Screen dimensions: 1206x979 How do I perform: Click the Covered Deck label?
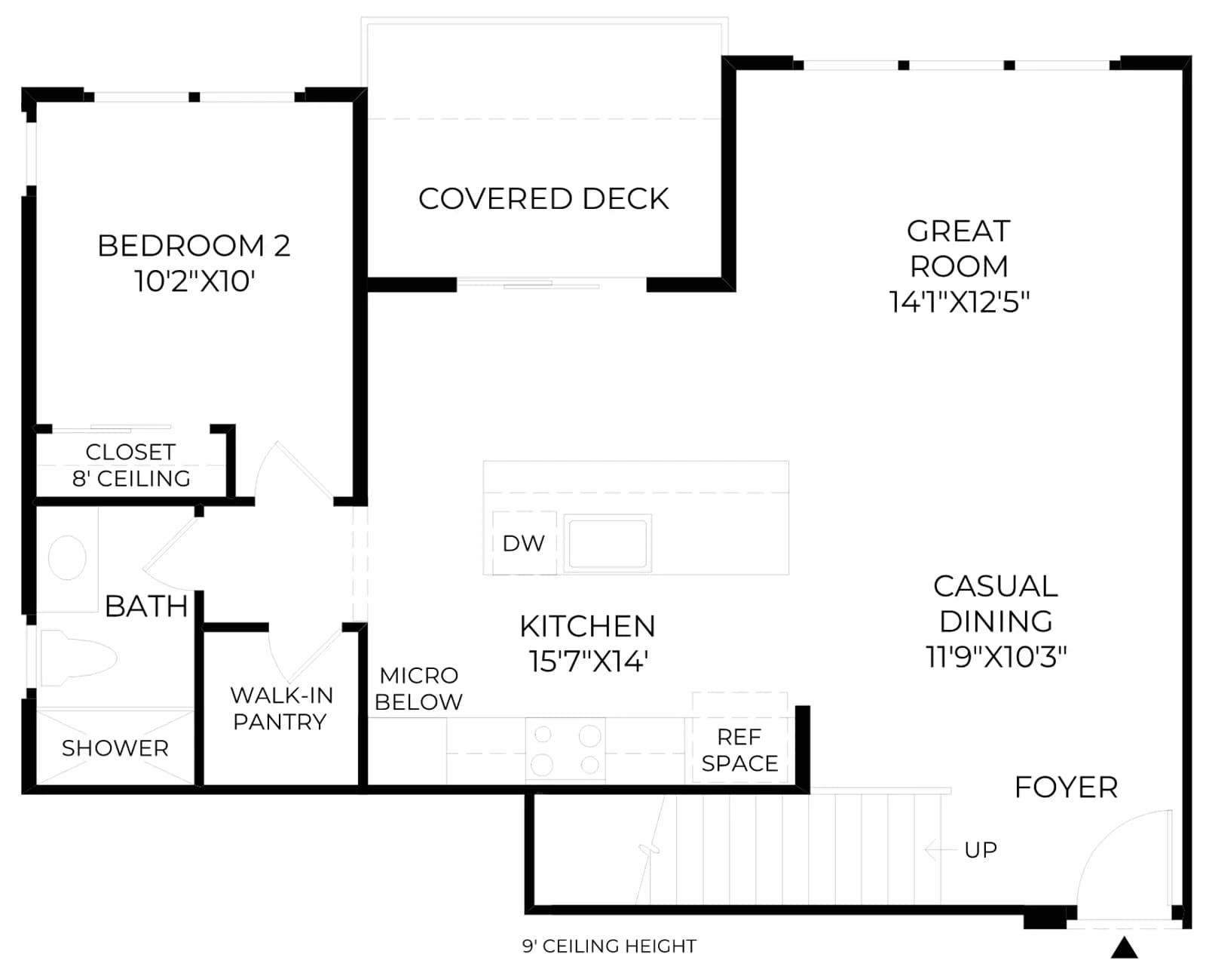(x=543, y=199)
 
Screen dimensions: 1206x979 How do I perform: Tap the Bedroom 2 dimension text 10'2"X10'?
(x=194, y=281)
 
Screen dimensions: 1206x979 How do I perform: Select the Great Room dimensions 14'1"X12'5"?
(x=959, y=302)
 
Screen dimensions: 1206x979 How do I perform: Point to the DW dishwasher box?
(x=524, y=543)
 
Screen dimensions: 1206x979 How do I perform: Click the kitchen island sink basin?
(x=608, y=543)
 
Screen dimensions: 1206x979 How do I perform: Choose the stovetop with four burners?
(x=565, y=750)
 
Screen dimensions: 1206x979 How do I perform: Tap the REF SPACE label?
(x=739, y=750)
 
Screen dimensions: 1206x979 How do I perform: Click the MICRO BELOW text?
(x=418, y=689)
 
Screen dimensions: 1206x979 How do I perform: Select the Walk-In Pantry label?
(x=281, y=708)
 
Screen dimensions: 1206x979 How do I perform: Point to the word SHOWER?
(x=115, y=748)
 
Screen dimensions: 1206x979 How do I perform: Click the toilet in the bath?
(x=78, y=658)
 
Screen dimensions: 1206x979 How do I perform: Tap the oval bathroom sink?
(x=67, y=557)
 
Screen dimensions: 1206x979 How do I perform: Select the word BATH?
(x=146, y=606)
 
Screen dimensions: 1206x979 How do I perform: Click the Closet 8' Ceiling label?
(x=131, y=465)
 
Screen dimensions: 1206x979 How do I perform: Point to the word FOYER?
(x=1066, y=787)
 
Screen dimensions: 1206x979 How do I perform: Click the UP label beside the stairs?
(x=981, y=850)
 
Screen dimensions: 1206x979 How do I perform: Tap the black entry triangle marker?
(x=1124, y=948)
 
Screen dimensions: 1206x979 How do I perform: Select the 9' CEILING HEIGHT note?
(x=609, y=946)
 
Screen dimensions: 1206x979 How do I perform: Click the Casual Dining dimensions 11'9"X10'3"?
(x=996, y=657)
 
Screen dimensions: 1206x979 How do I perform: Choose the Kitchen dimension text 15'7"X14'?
(x=588, y=661)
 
